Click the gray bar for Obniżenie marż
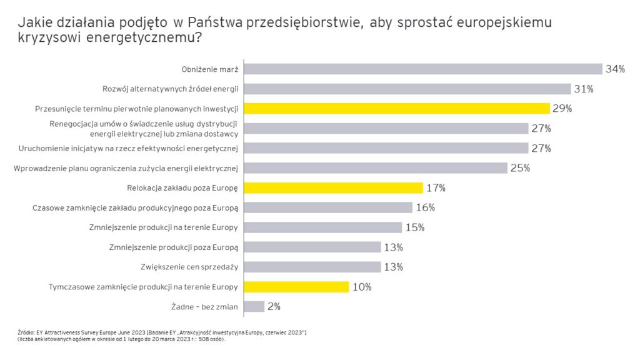(423, 69)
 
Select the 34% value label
(615, 69)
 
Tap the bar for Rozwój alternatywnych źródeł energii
(407, 89)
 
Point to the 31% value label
(584, 89)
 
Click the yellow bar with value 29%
(397, 109)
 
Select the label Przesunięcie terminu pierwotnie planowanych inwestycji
(137, 109)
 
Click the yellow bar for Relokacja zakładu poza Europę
(334, 187)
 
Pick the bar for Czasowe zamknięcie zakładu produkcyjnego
(328, 207)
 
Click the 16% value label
(425, 207)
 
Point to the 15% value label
(415, 227)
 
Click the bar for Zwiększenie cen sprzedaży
(312, 267)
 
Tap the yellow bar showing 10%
(297, 287)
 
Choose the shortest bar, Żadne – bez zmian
(254, 306)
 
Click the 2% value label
(274, 307)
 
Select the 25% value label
(520, 167)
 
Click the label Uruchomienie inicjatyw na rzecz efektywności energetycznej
(129, 148)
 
